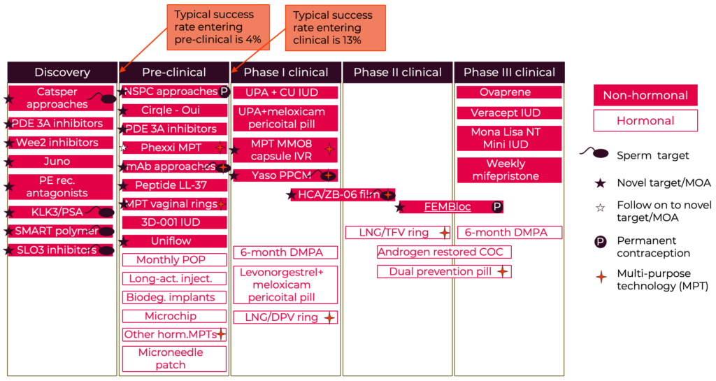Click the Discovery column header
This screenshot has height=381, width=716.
(x=62, y=72)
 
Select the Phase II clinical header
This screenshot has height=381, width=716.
(x=397, y=72)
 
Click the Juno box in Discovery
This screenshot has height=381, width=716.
(x=62, y=161)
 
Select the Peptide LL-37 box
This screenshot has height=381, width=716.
(x=174, y=185)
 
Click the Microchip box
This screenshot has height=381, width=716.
(x=174, y=316)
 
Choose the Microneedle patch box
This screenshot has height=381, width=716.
(x=174, y=359)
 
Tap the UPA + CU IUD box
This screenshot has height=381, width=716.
(x=285, y=92)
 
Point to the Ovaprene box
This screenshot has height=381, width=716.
(x=509, y=92)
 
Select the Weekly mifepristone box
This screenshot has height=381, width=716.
(x=509, y=170)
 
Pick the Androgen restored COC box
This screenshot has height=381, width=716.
(x=443, y=252)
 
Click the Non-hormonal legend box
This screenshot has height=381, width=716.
(x=645, y=96)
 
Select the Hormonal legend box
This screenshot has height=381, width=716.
(x=645, y=121)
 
